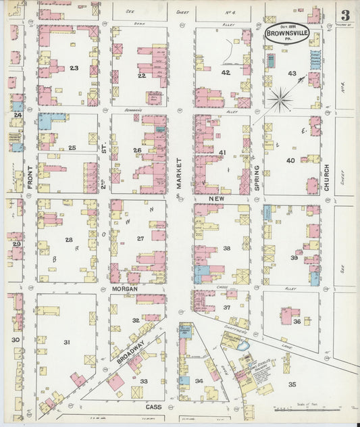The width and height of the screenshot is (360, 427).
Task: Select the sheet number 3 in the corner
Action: (344, 16)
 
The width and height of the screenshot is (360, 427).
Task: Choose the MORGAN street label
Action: (125, 288)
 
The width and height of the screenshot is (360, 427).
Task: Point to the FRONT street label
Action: (30, 174)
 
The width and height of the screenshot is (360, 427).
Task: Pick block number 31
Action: (67, 343)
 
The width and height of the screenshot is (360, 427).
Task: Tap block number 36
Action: (297, 322)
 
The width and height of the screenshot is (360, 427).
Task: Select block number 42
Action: (226, 72)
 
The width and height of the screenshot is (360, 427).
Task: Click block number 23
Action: (74, 68)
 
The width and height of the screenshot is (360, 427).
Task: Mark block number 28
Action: (69, 240)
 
